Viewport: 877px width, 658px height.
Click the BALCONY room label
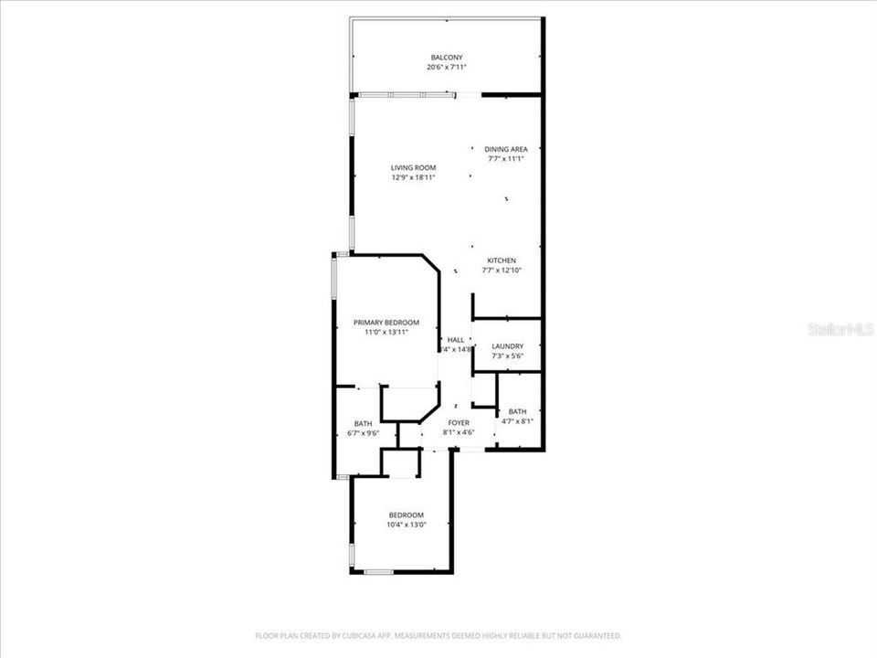click(x=447, y=58)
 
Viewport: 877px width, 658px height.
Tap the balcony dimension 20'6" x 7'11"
click(x=447, y=68)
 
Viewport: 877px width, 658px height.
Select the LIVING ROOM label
click(x=413, y=167)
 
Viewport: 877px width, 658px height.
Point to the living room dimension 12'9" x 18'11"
click(x=413, y=177)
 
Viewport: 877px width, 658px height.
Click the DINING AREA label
click(x=505, y=149)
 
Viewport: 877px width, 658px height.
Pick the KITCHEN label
click(x=501, y=260)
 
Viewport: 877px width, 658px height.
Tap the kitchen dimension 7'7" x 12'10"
click(x=501, y=271)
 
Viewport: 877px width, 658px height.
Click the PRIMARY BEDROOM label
click(x=386, y=323)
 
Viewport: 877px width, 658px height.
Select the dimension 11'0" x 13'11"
click(x=386, y=333)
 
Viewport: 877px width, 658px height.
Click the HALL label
click(x=455, y=339)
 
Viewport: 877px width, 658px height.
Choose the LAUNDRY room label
click(x=507, y=345)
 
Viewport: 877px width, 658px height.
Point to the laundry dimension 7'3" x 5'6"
click(x=507, y=356)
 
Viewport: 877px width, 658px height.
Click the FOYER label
click(x=458, y=423)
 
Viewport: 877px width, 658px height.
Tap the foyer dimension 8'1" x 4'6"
click(x=458, y=433)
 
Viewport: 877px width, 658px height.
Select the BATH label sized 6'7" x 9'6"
click(x=363, y=423)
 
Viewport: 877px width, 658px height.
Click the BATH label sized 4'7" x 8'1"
click(x=517, y=411)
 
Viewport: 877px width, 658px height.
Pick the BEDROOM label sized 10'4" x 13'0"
click(x=406, y=515)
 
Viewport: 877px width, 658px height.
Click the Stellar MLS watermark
click(x=840, y=329)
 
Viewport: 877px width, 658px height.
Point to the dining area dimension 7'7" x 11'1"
click(x=505, y=159)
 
